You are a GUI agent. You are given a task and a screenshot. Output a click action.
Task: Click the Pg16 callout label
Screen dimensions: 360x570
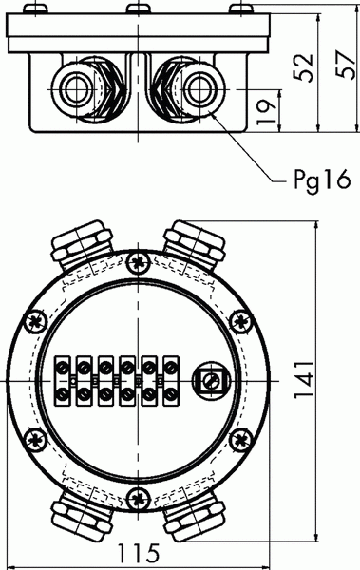[322, 180]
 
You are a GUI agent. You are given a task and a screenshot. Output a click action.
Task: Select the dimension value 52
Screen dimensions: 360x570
[303, 67]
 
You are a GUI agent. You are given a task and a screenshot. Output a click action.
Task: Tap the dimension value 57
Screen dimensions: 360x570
[345, 64]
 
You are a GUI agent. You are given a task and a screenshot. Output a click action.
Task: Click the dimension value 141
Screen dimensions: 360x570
[304, 380]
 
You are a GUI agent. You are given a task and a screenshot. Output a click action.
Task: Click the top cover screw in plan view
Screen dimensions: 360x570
[138, 262]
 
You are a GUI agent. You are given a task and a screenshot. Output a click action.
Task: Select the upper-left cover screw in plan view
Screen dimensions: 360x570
[36, 321]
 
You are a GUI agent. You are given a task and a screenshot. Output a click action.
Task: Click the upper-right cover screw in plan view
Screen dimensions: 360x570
[240, 321]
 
